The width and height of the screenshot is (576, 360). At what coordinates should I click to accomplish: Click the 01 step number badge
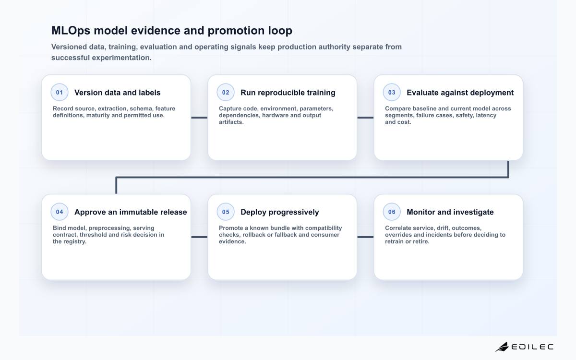[x=60, y=92]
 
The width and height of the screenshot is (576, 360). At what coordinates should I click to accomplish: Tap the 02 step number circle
[x=226, y=92]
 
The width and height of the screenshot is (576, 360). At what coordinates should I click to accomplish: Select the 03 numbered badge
[x=392, y=92]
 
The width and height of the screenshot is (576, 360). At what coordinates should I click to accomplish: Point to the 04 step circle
[x=60, y=212]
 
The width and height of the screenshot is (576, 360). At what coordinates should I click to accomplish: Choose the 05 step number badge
[x=226, y=212]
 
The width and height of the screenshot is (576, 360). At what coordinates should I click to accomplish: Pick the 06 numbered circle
[x=392, y=212]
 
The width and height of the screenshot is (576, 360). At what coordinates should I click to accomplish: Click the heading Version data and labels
[x=117, y=93]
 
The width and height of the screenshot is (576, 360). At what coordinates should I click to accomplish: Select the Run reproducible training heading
[x=288, y=93]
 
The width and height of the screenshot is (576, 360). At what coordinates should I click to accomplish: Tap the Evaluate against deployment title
[x=460, y=93]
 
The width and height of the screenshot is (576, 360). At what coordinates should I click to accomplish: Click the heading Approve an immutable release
[x=131, y=212]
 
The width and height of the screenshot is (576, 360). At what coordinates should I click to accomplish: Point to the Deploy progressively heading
[x=279, y=212]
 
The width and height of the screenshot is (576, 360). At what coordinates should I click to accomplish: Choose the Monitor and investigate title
[x=450, y=212]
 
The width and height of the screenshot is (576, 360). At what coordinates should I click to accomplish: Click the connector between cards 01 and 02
[x=199, y=118]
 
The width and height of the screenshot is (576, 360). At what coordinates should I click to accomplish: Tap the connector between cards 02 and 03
[x=365, y=118]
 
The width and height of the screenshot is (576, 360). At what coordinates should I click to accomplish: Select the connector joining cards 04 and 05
[x=199, y=237]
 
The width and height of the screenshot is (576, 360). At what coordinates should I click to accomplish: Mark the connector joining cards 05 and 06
[x=365, y=237]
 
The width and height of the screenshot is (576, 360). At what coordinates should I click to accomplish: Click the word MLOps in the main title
[x=71, y=31]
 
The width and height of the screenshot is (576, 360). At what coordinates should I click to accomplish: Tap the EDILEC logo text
[x=532, y=347]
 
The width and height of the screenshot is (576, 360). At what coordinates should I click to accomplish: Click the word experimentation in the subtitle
[x=121, y=58]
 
